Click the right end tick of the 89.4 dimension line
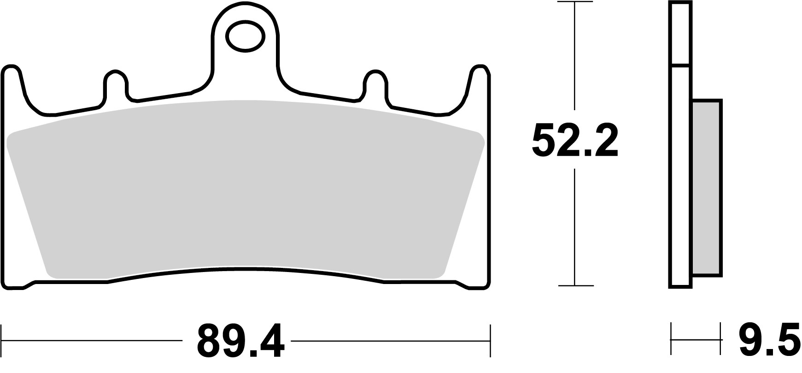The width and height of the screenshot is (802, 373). coord(491,341)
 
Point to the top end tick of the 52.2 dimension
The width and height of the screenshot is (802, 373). coord(574,3)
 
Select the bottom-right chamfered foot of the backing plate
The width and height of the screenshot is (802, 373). coord(474,284)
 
